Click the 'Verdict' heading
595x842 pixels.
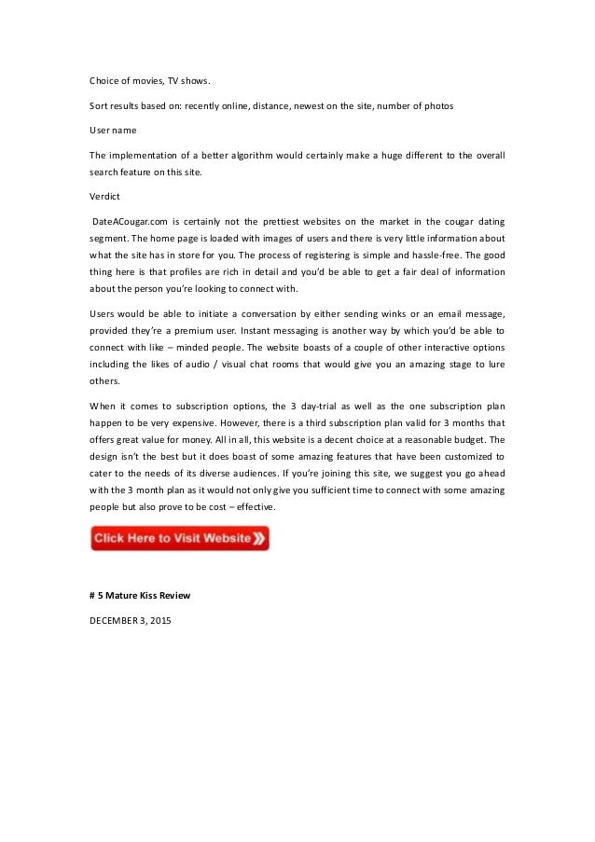104,197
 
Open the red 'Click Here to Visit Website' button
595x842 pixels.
173,538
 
